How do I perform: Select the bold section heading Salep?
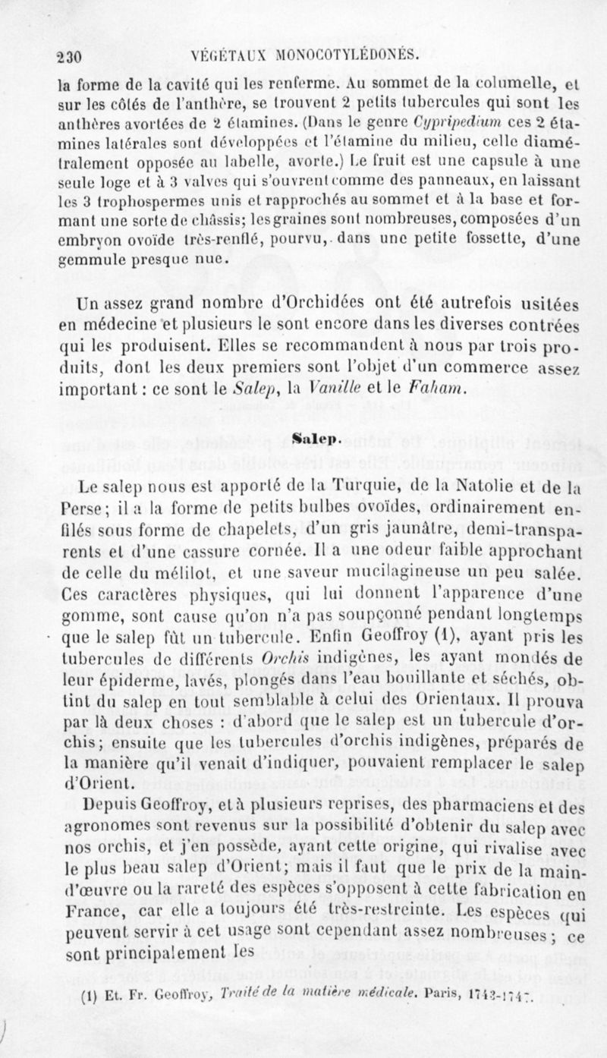point(303,439)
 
